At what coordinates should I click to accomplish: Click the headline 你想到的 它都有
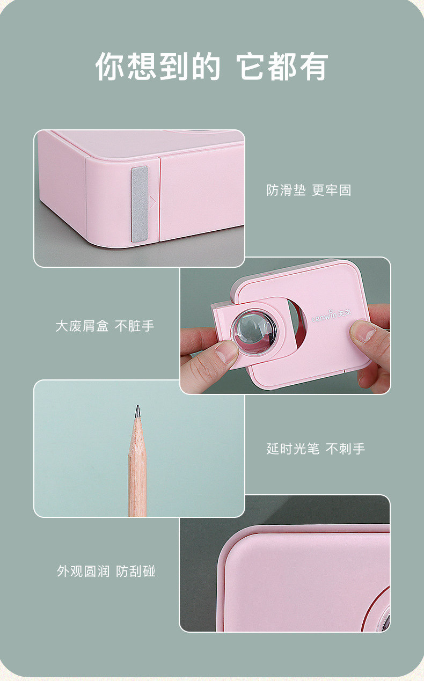(x=212, y=67)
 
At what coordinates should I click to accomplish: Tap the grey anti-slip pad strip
(x=140, y=204)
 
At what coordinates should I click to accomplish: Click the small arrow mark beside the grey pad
(x=152, y=201)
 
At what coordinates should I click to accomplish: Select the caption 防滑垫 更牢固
(x=309, y=191)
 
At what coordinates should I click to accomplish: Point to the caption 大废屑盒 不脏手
(x=105, y=326)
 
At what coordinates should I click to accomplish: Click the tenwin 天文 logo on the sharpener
(x=332, y=316)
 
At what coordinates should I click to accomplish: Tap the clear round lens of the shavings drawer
(x=254, y=332)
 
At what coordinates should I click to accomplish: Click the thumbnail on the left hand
(x=226, y=352)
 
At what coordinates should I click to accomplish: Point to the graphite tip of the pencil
(x=137, y=411)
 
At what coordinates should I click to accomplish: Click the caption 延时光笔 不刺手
(x=316, y=449)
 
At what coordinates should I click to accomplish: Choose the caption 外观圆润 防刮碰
(x=106, y=571)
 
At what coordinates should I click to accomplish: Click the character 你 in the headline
(x=110, y=67)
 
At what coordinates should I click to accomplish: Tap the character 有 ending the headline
(x=314, y=67)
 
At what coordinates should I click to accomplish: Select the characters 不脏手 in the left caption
(x=134, y=326)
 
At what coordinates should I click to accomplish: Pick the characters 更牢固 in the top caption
(x=332, y=191)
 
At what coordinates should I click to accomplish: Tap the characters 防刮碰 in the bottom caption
(x=136, y=571)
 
